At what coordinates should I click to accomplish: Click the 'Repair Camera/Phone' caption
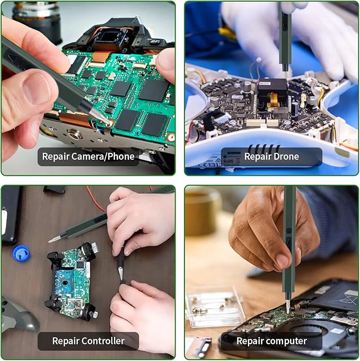[88, 157]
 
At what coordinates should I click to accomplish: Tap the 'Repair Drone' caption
[271, 157]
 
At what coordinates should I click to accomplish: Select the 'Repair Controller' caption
[88, 341]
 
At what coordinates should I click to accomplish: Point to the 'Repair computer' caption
[271, 341]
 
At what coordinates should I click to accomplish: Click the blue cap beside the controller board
[21, 253]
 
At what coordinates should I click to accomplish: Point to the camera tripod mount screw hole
[74, 133]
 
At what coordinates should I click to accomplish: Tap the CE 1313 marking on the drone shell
[210, 165]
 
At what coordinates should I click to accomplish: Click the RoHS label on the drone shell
[228, 161]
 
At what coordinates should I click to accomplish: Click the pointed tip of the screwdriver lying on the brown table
[49, 241]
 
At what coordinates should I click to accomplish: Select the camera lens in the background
[37, 20]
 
